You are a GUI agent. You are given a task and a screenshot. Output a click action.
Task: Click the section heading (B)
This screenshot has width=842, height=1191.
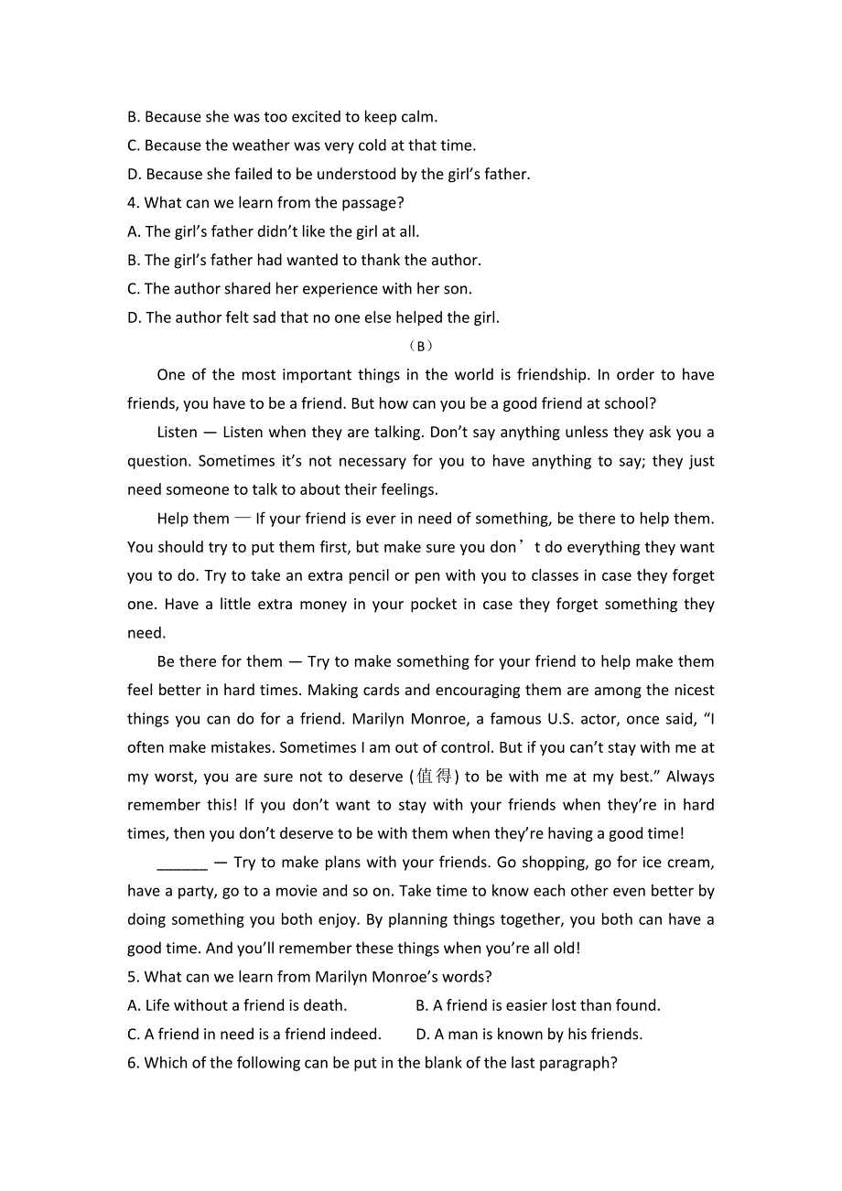pyautogui.click(x=420, y=346)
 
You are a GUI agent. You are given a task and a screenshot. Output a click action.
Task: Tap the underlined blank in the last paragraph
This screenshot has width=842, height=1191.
pyautogui.click(x=182, y=863)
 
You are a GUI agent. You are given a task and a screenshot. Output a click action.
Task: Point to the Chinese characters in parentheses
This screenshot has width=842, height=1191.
pyautogui.click(x=435, y=777)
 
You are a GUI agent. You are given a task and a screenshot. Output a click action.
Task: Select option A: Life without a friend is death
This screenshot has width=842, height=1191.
pyautogui.click(x=237, y=1005)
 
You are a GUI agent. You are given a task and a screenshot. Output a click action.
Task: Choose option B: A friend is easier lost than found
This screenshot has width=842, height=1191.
pyautogui.click(x=537, y=1005)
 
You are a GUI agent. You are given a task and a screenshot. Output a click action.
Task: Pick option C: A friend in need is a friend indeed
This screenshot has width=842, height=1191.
pyautogui.click(x=254, y=1034)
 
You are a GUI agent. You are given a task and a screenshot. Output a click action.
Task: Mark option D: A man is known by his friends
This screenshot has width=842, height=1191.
pyautogui.click(x=529, y=1034)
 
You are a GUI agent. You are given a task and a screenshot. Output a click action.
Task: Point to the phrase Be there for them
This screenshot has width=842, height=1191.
pyautogui.click(x=220, y=661)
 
